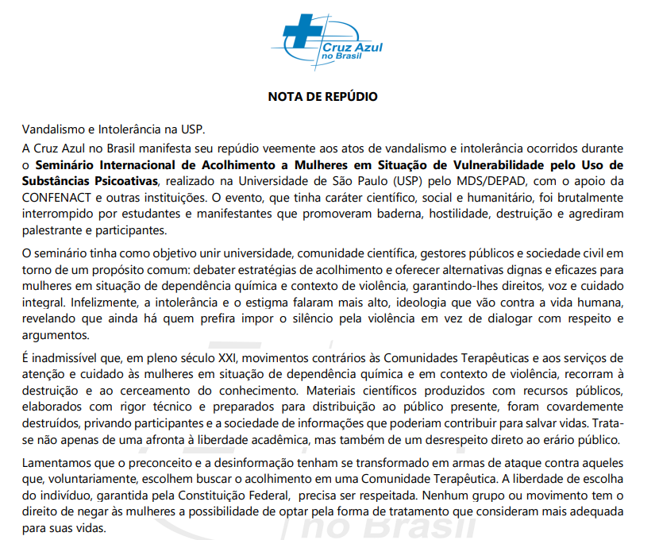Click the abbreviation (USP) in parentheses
pos(403,181)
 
